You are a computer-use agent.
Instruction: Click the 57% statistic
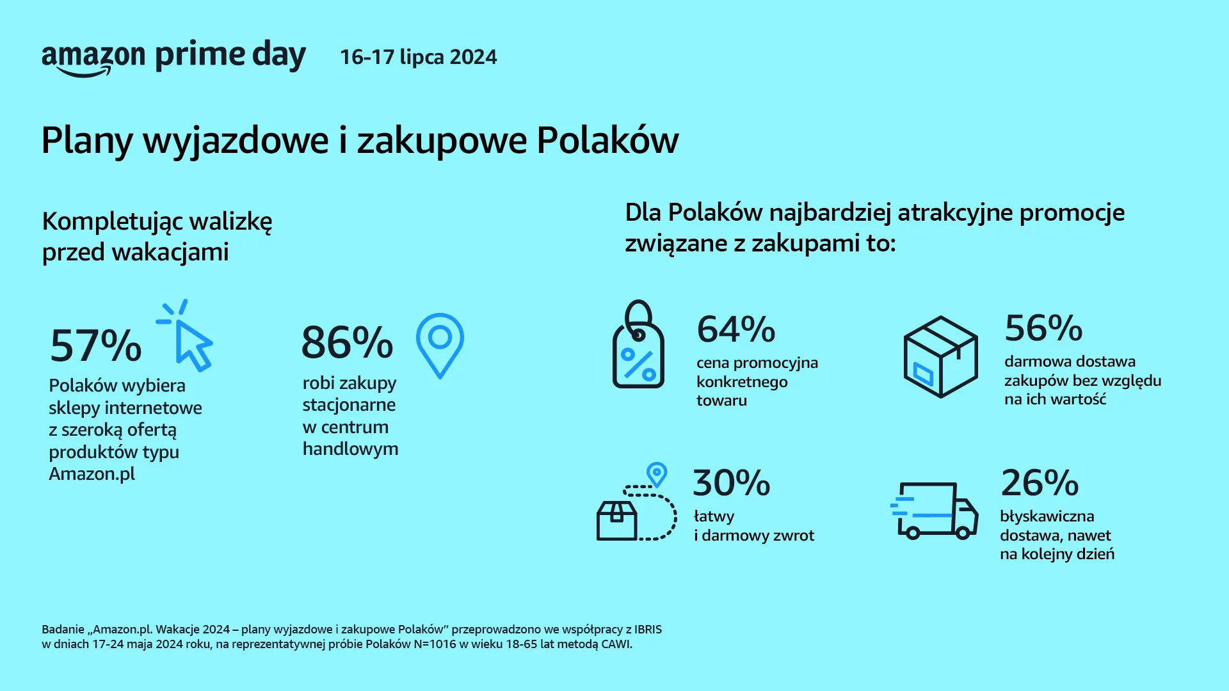(x=95, y=345)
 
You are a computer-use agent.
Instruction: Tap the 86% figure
(x=347, y=342)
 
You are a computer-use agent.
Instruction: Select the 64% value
(x=736, y=329)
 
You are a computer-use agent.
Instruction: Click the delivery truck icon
(x=934, y=511)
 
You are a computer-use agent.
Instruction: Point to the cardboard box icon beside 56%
(x=940, y=356)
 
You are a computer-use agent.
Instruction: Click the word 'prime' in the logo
(x=200, y=56)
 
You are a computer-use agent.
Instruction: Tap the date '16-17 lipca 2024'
(x=419, y=57)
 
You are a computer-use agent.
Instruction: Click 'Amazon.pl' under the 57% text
(x=92, y=474)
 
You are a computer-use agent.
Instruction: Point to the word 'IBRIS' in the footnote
(x=644, y=630)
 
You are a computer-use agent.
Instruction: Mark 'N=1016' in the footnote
(x=435, y=644)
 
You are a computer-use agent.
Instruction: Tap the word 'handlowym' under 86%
(x=350, y=449)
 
